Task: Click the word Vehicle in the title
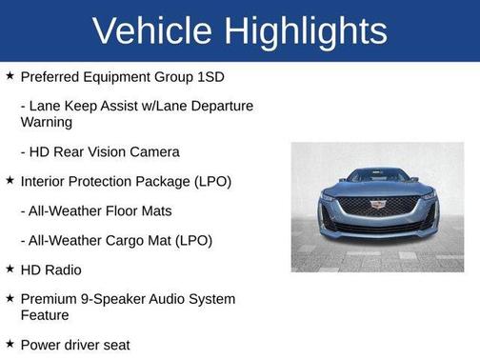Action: click(x=150, y=30)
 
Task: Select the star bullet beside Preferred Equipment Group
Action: click(x=10, y=75)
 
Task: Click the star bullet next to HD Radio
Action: click(x=10, y=270)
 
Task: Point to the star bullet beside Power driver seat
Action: click(x=10, y=344)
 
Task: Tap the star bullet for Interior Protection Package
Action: click(x=10, y=181)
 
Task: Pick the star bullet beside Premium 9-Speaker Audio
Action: click(x=10, y=299)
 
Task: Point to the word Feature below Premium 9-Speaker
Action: click(x=45, y=315)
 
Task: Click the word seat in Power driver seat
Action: click(x=113, y=344)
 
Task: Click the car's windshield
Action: click(x=377, y=176)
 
